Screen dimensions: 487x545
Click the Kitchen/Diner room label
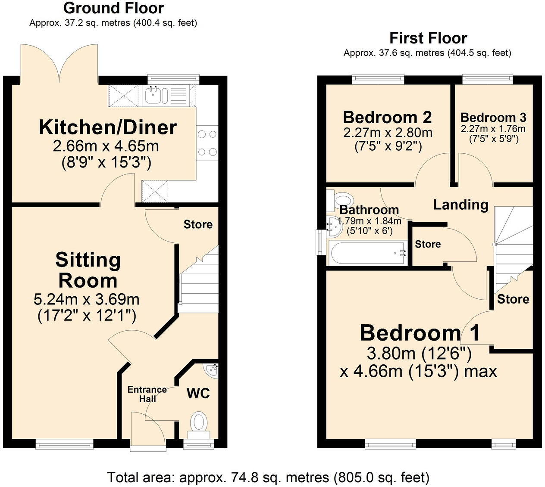[x=108, y=127]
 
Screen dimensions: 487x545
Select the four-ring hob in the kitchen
[x=207, y=143]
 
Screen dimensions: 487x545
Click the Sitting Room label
[x=88, y=270]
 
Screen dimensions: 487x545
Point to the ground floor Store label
[x=198, y=224]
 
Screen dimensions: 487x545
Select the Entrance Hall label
[x=147, y=394]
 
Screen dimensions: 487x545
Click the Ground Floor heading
[x=113, y=8]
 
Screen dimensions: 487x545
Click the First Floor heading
[x=428, y=38]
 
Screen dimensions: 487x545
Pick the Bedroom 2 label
[x=387, y=117]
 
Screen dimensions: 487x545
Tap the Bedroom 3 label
[x=493, y=118]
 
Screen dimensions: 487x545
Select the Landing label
[x=460, y=205]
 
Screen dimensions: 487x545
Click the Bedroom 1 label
[x=420, y=333]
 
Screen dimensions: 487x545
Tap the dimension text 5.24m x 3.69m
[x=86, y=299]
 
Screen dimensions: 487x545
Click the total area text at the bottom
[x=268, y=477]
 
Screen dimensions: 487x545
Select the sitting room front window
[x=64, y=444]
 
